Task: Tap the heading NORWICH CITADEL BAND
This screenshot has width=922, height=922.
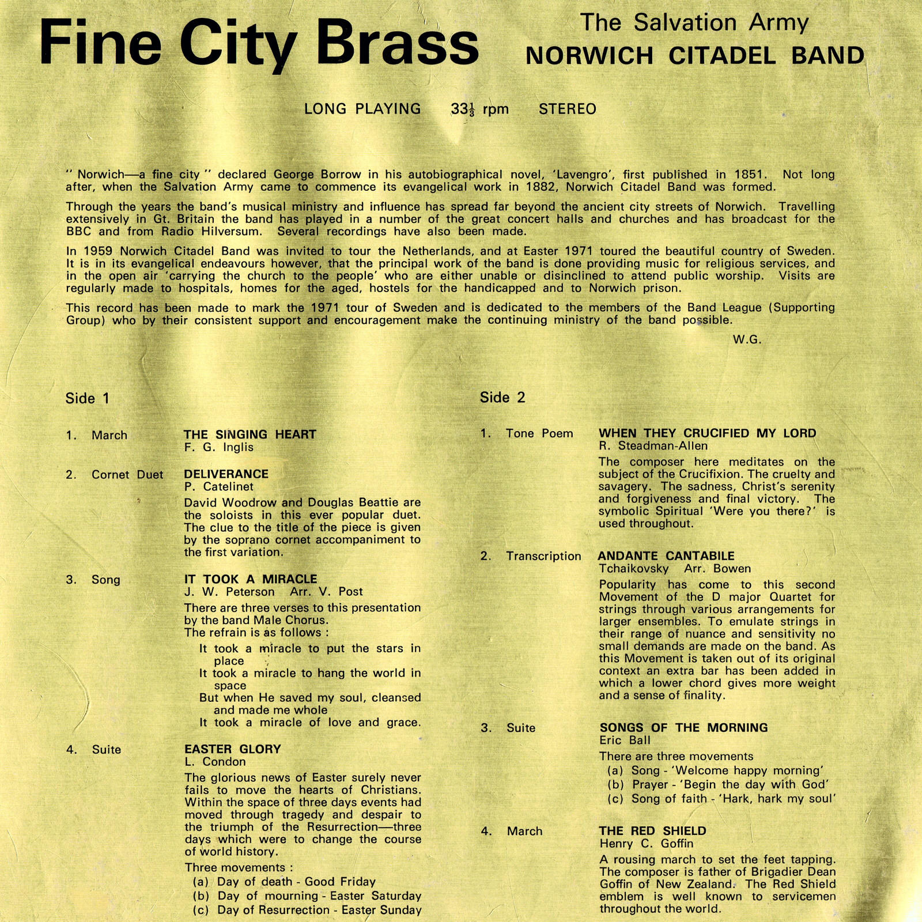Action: pos(695,56)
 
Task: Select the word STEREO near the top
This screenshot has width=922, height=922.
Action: pos(567,109)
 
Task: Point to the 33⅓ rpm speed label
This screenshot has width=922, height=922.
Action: pos(479,109)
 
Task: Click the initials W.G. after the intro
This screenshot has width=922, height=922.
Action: pos(747,340)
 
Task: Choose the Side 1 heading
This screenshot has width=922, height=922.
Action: pos(88,398)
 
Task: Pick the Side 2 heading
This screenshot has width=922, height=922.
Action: pos(502,397)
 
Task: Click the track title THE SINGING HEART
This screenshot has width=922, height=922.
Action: pos(250,434)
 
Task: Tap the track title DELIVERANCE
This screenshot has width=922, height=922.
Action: pos(226,474)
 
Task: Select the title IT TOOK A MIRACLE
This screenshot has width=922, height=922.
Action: pos(251,579)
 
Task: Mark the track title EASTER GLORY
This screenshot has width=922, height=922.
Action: pos(233,749)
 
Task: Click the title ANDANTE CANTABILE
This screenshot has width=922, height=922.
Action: pos(666,556)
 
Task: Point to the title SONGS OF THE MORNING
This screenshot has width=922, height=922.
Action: pos(683,728)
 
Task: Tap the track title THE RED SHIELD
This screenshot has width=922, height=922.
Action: pos(652,831)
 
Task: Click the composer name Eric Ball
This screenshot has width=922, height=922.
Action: pos(625,740)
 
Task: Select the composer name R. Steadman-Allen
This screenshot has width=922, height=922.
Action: pos(653,446)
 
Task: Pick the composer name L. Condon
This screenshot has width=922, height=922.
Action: pos(215,762)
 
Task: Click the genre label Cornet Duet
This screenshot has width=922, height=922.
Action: pos(127,475)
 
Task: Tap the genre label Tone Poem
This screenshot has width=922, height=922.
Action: pos(539,434)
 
